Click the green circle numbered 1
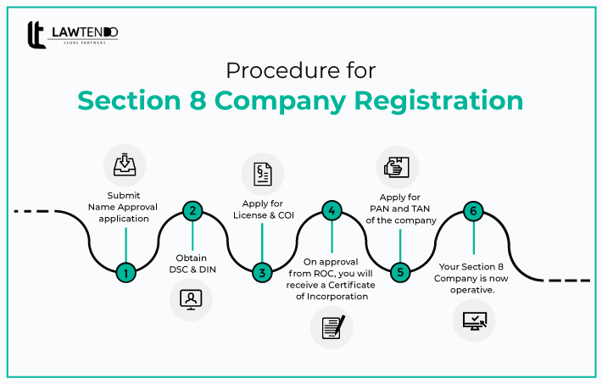coord(125,273)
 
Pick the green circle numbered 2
coord(192,211)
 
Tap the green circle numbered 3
coord(262,273)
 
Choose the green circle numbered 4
coord(332,211)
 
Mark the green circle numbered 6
coord(472,211)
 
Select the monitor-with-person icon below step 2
coord(192,299)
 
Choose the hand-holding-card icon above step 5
coord(398,167)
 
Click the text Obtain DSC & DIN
coord(192,263)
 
